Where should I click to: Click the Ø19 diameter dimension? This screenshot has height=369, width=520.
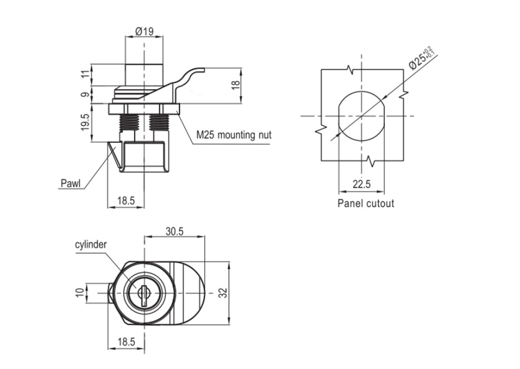pyautogui.click(x=143, y=32)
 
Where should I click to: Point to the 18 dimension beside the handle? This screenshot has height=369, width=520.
pyautogui.click(x=235, y=85)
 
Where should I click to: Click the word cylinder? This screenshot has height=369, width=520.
pyautogui.click(x=91, y=245)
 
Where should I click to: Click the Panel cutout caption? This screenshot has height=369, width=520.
pyautogui.click(x=366, y=204)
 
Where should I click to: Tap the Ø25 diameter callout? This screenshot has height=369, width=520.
pyautogui.click(x=420, y=56)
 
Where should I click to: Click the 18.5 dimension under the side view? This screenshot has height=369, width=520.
pyautogui.click(x=126, y=201)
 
